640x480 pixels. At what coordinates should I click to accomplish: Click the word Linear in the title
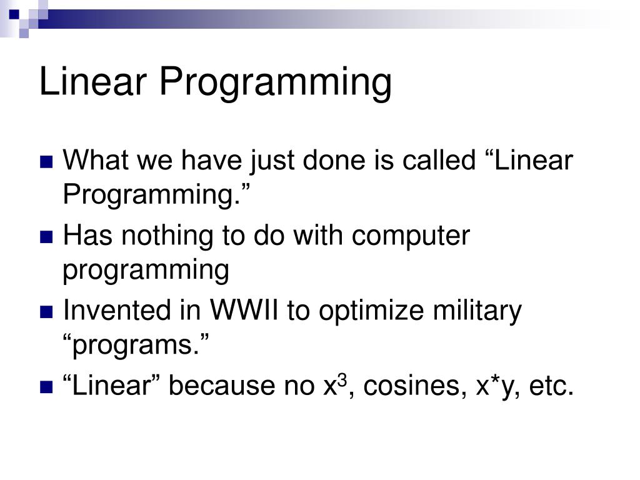point(93,81)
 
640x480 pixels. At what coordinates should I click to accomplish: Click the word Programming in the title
point(276,84)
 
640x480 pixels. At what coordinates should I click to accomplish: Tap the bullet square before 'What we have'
point(46,162)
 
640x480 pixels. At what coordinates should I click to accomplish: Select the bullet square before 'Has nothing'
point(46,237)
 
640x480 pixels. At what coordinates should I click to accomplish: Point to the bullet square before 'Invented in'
point(46,312)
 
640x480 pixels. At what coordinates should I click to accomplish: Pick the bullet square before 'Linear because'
point(46,386)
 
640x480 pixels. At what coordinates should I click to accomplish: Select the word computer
point(411,237)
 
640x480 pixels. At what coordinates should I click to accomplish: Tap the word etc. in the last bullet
point(552,386)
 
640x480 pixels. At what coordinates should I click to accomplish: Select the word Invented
point(117,310)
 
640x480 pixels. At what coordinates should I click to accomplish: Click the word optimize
point(371,312)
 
